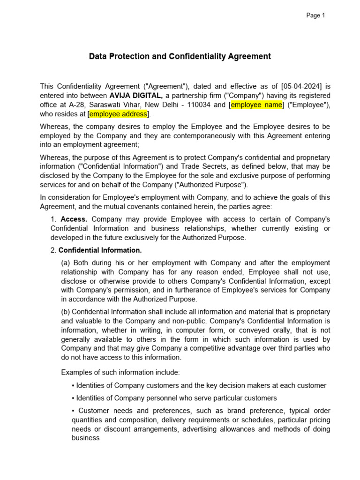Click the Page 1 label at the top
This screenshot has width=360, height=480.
point(315,15)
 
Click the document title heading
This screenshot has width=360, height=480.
point(180,57)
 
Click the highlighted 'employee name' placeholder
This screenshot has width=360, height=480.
point(256,105)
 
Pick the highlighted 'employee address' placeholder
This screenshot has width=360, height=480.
point(118,114)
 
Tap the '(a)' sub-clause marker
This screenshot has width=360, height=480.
point(66,262)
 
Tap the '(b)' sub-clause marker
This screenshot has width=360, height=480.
point(66,312)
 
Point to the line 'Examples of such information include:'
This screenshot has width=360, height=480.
point(120,373)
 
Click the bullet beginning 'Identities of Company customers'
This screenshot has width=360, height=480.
point(199,385)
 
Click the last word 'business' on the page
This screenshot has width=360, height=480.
point(85,438)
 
